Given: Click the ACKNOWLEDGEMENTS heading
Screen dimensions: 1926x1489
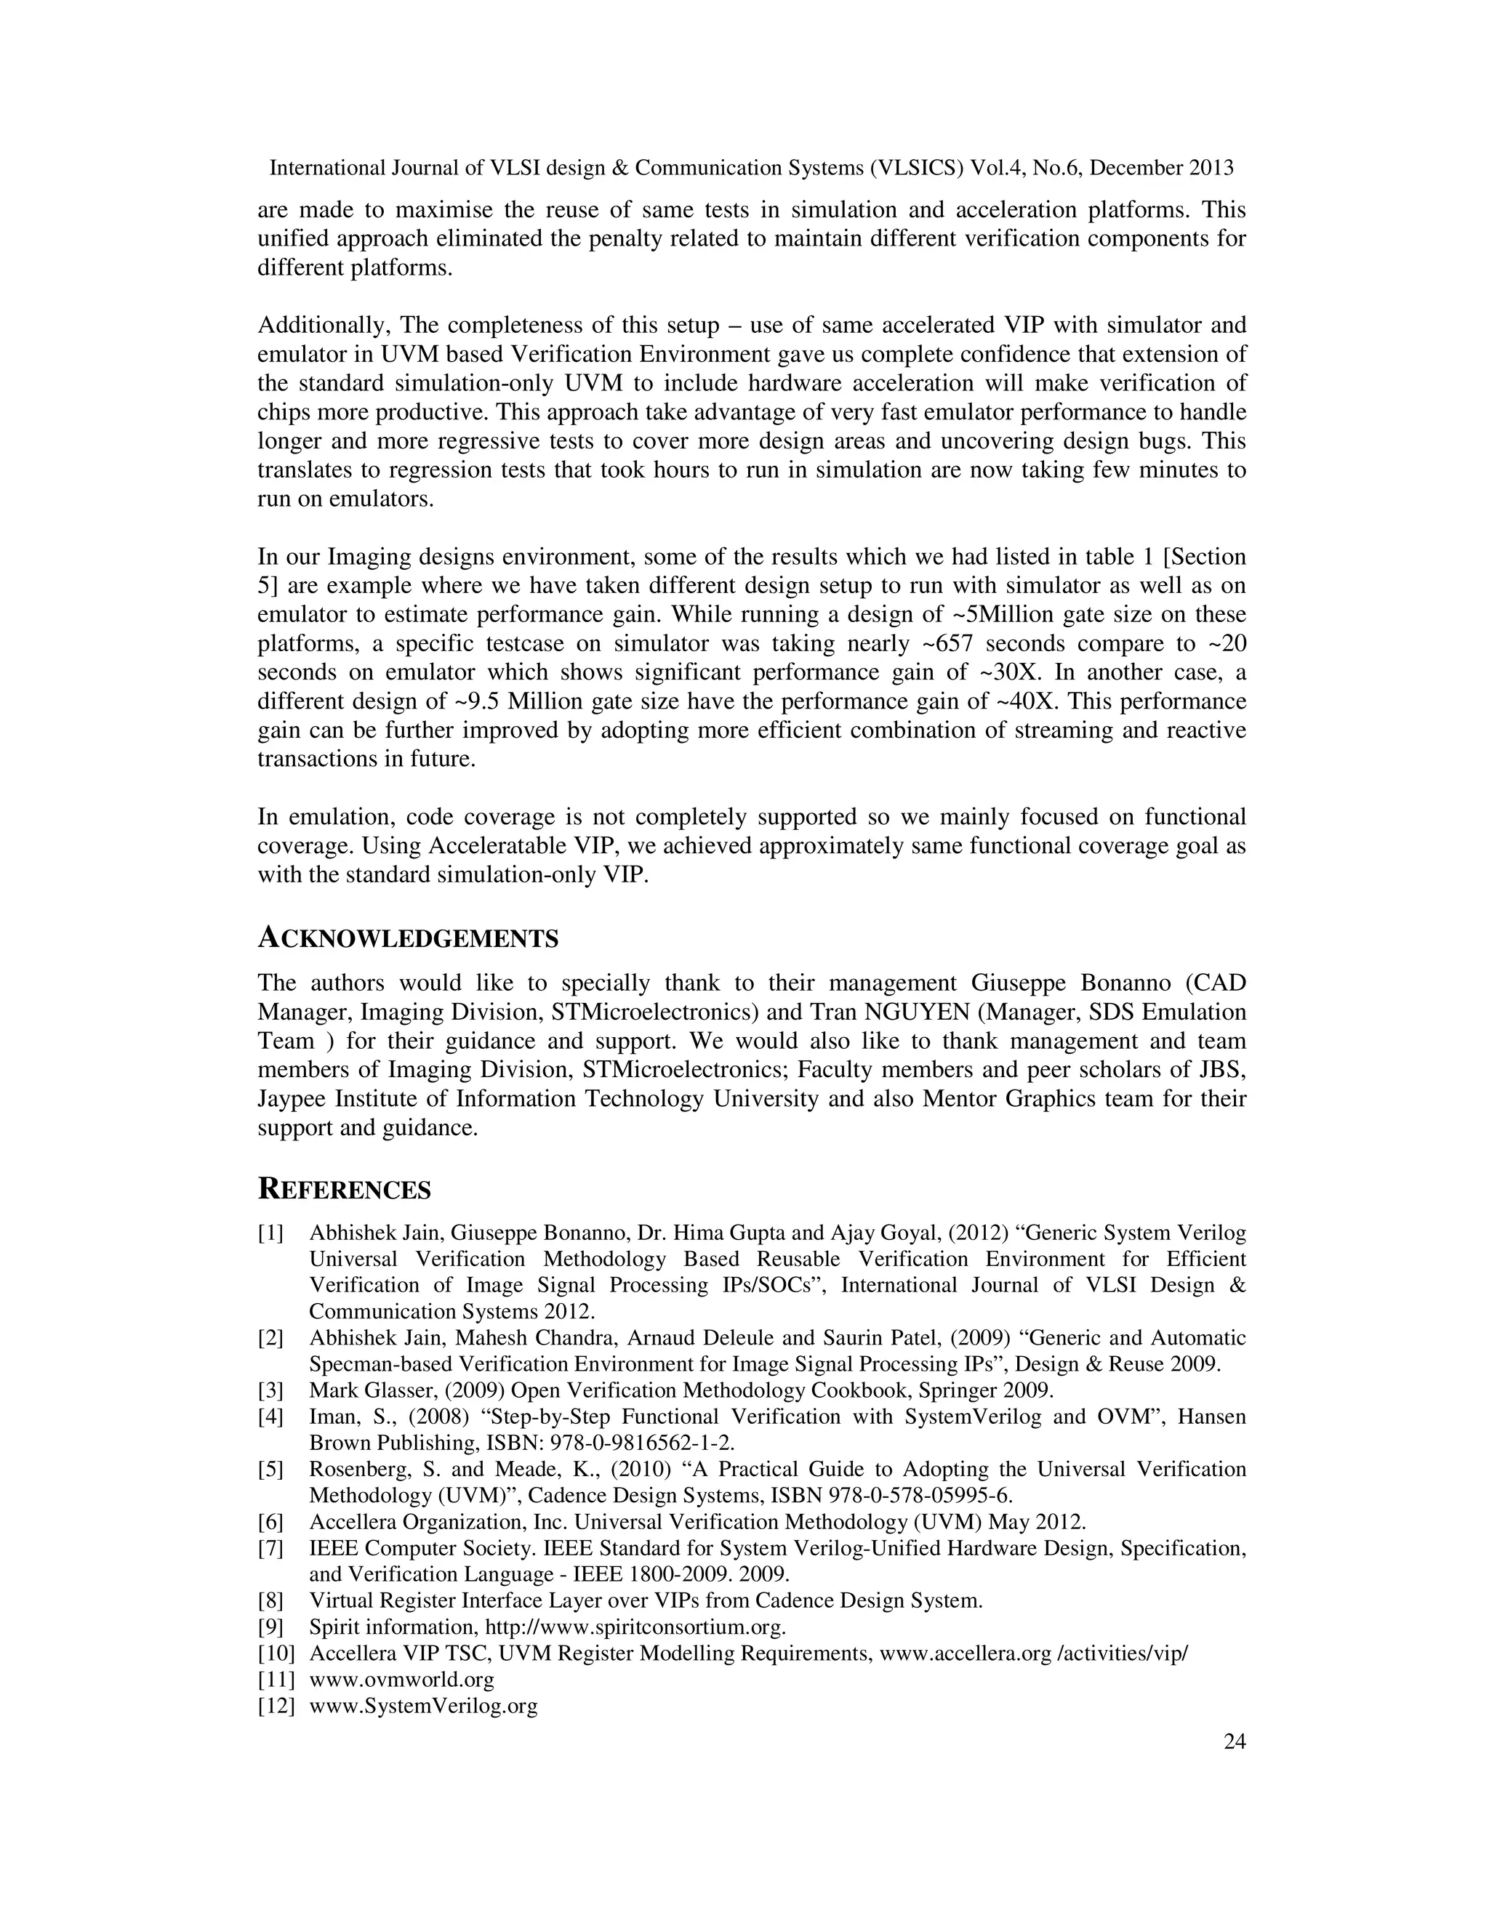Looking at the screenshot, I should click(x=408, y=938).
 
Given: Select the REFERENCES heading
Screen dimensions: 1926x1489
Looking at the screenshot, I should click(x=344, y=1190).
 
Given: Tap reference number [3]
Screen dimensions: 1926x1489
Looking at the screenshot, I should click(x=270, y=1390).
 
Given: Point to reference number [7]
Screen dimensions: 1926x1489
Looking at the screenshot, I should click(x=270, y=1549).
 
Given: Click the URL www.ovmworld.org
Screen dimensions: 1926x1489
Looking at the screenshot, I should click(x=401, y=1679).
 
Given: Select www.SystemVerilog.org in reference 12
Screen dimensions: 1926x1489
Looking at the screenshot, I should click(x=423, y=1706).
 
